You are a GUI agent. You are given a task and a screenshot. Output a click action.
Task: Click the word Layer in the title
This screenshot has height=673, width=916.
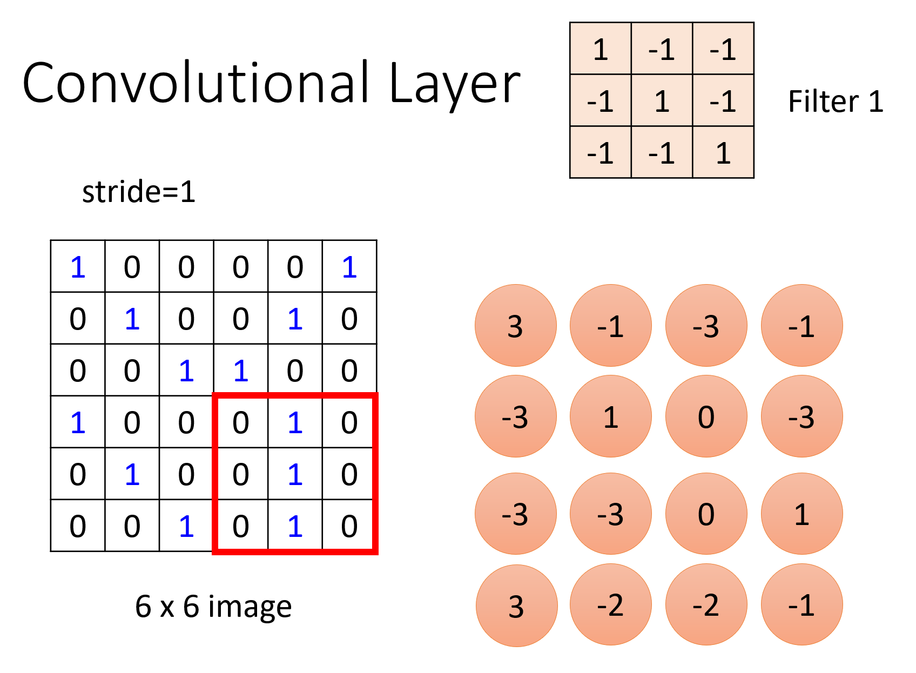tap(454, 84)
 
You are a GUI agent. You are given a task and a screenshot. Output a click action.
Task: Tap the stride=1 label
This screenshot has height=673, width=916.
tap(138, 192)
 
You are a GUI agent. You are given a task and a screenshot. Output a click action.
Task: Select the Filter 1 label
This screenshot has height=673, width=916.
tap(835, 102)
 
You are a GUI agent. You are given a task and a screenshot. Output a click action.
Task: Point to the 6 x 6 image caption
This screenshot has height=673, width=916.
tap(213, 606)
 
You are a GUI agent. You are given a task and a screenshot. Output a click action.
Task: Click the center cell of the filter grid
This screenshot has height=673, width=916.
tap(662, 101)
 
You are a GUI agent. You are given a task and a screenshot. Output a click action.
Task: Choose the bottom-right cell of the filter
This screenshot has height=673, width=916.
tap(723, 153)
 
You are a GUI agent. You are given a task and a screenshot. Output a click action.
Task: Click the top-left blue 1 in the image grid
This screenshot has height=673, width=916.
tap(78, 267)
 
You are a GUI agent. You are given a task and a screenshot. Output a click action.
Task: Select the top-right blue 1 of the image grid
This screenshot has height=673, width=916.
tap(349, 267)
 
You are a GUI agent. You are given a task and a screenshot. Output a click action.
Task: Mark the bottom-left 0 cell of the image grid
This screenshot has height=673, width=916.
tap(78, 526)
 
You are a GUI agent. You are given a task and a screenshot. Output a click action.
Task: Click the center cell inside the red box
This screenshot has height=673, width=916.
tap(295, 474)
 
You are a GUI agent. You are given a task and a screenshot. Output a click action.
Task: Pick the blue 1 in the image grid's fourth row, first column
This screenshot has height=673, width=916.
tap(78, 422)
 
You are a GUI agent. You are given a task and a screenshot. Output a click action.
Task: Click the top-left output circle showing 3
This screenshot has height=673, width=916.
tap(516, 326)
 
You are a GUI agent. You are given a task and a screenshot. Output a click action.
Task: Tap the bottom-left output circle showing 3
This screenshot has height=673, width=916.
tap(516, 605)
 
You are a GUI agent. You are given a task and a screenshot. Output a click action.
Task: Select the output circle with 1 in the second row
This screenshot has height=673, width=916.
tap(611, 416)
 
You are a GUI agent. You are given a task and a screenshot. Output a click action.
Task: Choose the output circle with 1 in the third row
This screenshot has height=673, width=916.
tap(802, 514)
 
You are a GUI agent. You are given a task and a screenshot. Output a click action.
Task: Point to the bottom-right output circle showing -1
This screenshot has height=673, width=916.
tap(802, 605)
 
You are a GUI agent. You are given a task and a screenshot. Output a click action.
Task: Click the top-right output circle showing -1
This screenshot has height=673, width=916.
tap(802, 326)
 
